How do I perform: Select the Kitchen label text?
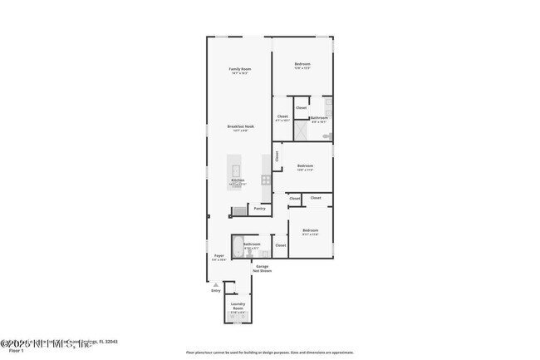[238, 180]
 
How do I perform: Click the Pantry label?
[260, 209]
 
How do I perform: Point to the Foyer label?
[219, 256]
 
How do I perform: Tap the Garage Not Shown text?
[263, 269]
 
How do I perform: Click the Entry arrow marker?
[216, 284]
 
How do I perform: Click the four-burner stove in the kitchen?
[266, 180]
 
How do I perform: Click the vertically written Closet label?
[277, 155]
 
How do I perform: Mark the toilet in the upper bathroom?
[327, 135]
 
